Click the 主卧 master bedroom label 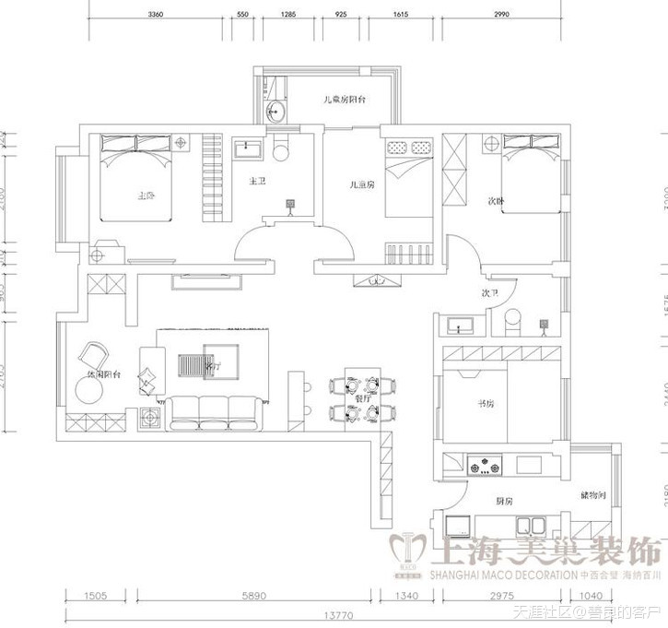pyautogui.click(x=146, y=196)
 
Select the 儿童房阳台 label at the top pyautogui.click(x=344, y=100)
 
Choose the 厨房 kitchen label pyautogui.click(x=503, y=501)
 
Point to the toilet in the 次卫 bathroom pyautogui.click(x=513, y=322)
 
